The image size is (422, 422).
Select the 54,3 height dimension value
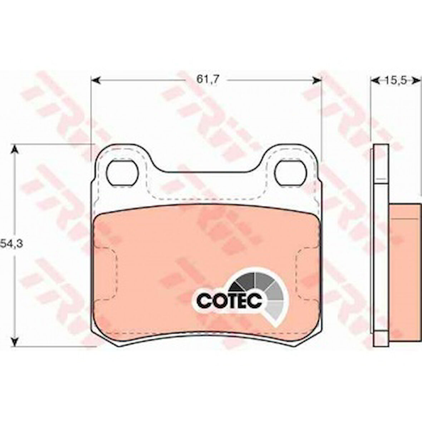pyautogui.click(x=11, y=244)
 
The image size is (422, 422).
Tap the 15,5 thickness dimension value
pyautogui.click(x=394, y=80)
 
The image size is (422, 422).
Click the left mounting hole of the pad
pyautogui.click(x=122, y=172)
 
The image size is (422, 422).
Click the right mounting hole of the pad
pyautogui.click(x=291, y=172)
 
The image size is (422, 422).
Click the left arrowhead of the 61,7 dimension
pyautogui.click(x=95, y=80)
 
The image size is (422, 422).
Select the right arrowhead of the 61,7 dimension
pyautogui.click(x=317, y=80)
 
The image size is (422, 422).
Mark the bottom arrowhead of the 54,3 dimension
pyautogui.click(x=15, y=342)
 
